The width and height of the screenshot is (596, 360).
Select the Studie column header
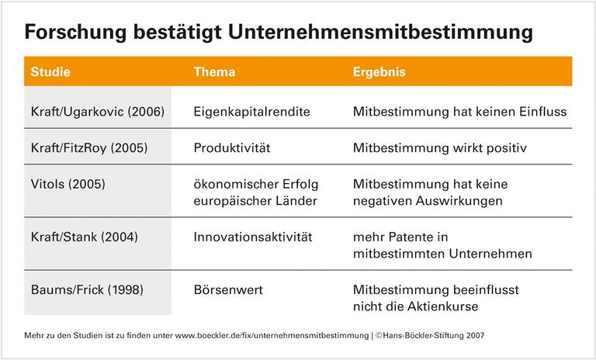click(50, 72)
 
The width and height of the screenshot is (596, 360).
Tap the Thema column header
click(214, 72)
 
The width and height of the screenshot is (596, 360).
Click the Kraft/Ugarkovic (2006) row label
click(97, 112)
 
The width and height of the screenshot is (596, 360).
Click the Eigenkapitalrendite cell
click(251, 112)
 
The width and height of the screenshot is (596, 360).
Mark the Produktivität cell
click(232, 147)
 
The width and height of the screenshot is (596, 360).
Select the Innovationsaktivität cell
click(252, 237)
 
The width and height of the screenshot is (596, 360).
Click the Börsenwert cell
click(227, 289)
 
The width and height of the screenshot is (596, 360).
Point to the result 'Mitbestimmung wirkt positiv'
click(439, 147)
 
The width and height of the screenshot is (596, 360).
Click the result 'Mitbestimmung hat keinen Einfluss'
click(459, 112)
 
